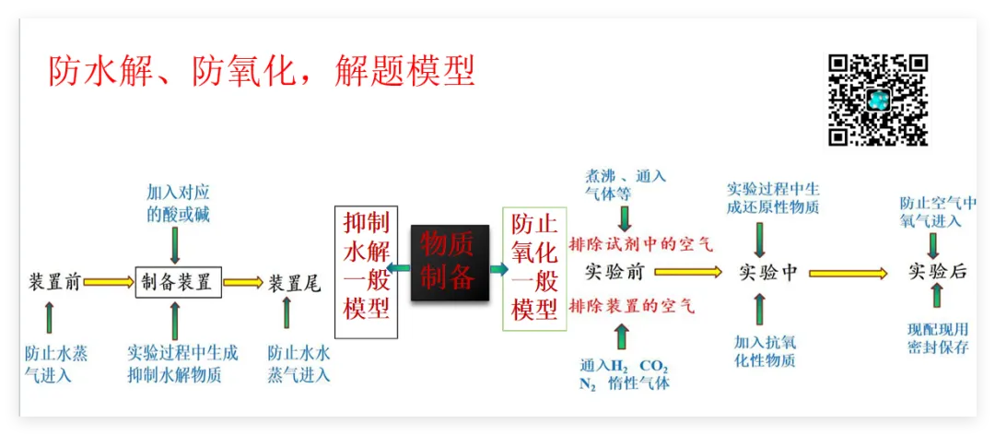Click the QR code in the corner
pyautogui.click(x=877, y=100)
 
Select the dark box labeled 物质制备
pyautogui.click(x=449, y=263)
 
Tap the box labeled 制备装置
pyautogui.click(x=179, y=282)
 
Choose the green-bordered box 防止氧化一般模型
pyautogui.click(x=533, y=268)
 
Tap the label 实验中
pyautogui.click(x=768, y=273)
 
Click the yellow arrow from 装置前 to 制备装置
pyautogui.click(x=109, y=282)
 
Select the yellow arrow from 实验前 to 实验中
pyautogui.click(x=687, y=272)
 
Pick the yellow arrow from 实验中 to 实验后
pyautogui.click(x=848, y=273)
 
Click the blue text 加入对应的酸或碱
pyautogui.click(x=178, y=203)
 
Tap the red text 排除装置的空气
pyautogui.click(x=632, y=305)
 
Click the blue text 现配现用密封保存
pyautogui.click(x=938, y=338)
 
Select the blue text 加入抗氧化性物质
pyautogui.click(x=765, y=351)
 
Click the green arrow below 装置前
pyautogui.click(x=49, y=317)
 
